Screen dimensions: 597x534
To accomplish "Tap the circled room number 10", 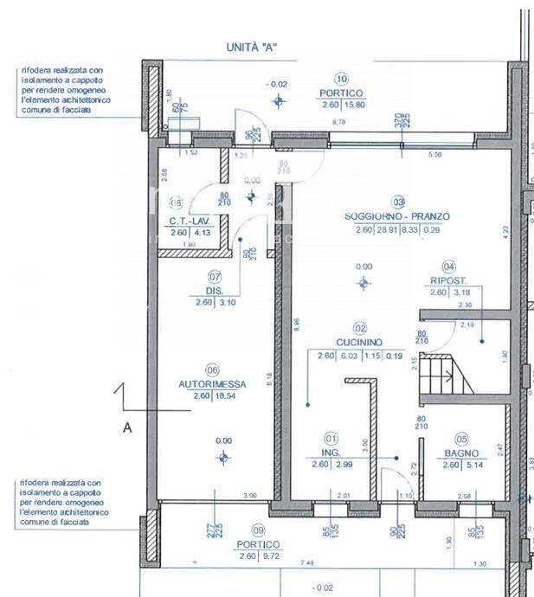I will (341, 78).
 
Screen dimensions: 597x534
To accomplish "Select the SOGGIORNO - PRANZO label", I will (396, 216).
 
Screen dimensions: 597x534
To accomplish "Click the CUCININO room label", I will (359, 343).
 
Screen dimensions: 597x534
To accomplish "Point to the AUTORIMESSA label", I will (212, 383).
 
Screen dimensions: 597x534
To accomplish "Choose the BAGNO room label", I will (461, 453).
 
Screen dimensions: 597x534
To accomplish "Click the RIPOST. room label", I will (449, 280).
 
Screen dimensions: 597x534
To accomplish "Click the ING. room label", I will (331, 453).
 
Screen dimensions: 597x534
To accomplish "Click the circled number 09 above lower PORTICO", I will (257, 530).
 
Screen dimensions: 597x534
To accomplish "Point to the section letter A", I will (126, 427).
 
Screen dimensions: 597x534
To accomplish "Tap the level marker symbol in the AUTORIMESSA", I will (224, 457).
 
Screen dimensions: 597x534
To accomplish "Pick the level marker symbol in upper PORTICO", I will (278, 101).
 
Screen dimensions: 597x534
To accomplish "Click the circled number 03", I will (398, 201).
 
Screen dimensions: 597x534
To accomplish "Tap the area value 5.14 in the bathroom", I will (473, 465).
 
